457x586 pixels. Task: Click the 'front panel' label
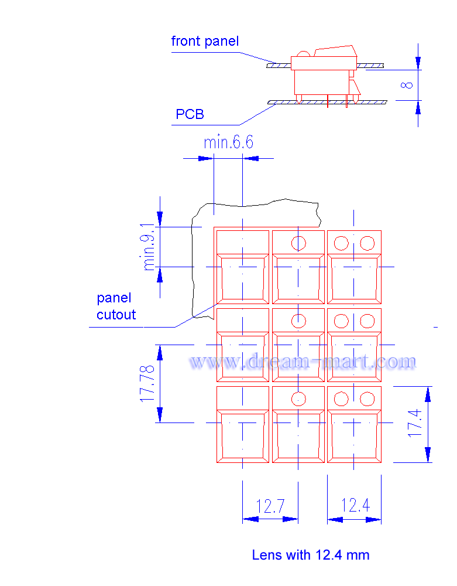[x=205, y=41]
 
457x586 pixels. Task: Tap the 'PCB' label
[x=190, y=114]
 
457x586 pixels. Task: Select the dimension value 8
[x=408, y=84]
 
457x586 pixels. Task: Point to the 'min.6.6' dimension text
[x=228, y=142]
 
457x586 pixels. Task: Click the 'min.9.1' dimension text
[x=149, y=247]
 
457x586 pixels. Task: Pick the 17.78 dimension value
[x=147, y=383]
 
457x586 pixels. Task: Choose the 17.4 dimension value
[x=415, y=424]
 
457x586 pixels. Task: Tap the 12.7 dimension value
[x=270, y=506]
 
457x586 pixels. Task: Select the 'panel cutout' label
[x=116, y=306]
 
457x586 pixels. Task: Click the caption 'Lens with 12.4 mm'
[x=311, y=555]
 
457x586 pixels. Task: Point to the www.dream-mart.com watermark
[x=303, y=362]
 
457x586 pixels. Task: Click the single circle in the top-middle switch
[x=299, y=243]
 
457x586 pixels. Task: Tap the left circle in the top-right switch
[x=341, y=243]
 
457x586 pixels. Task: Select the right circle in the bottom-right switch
[x=367, y=399]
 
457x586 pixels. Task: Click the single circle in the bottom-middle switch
[x=299, y=399]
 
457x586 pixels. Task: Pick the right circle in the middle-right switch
[x=367, y=321]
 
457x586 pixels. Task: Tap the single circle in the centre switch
[x=299, y=321]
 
